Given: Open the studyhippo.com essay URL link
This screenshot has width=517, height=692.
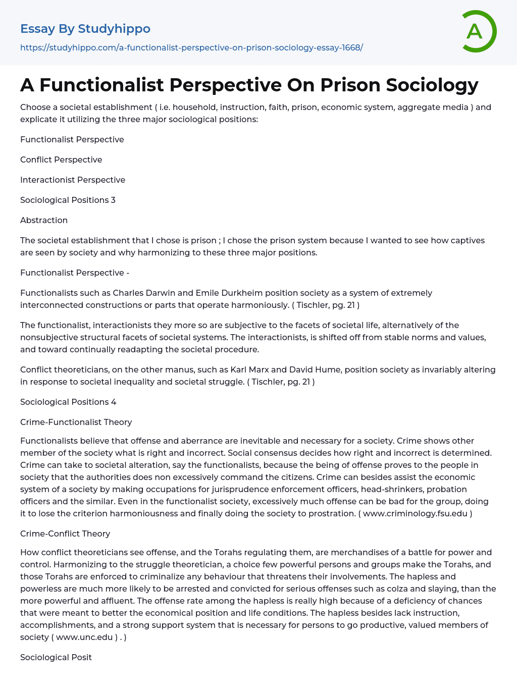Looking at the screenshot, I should click(x=191, y=47).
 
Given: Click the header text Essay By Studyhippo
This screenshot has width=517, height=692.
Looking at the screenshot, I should click(x=85, y=29).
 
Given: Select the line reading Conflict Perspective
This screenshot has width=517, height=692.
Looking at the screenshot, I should click(x=61, y=159).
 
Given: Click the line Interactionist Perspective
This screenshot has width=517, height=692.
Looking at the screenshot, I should click(x=73, y=180).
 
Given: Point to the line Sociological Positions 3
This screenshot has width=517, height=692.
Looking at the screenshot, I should click(x=68, y=200).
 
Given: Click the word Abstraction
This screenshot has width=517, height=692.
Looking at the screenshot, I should click(x=44, y=220).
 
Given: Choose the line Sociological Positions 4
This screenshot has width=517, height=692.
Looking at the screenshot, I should click(x=68, y=402).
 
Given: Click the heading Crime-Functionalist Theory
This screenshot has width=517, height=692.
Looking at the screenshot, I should click(x=76, y=422).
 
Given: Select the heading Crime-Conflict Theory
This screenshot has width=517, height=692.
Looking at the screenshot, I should click(x=65, y=534).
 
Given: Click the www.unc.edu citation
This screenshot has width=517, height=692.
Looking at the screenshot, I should click(x=84, y=637).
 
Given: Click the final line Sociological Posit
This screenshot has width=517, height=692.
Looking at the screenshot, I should click(x=56, y=657).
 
